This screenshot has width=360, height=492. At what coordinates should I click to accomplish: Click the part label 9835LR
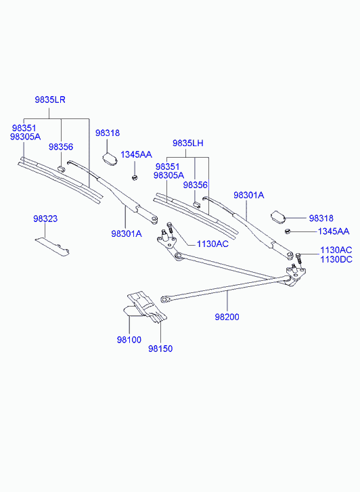click(50, 99)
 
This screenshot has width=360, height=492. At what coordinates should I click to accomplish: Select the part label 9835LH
click(187, 143)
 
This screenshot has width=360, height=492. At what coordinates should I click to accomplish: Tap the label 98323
click(45, 219)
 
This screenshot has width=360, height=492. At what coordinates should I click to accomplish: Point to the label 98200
click(227, 317)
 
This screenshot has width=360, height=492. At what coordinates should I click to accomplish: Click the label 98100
click(129, 340)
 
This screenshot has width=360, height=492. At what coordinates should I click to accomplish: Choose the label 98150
click(160, 349)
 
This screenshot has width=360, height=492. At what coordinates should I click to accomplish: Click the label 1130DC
click(336, 259)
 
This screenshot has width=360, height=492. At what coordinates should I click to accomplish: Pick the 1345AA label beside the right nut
click(334, 231)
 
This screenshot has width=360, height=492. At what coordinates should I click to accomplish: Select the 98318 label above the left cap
click(108, 133)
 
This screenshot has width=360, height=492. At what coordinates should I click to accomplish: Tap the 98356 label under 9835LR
click(61, 147)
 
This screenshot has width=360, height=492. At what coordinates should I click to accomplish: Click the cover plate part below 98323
click(52, 246)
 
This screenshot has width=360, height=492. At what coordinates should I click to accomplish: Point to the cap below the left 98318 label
click(110, 158)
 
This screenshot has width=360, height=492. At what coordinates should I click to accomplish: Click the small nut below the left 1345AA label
click(135, 177)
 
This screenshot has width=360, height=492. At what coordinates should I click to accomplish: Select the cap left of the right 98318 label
click(277, 217)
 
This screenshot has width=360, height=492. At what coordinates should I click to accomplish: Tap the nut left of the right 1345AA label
click(287, 231)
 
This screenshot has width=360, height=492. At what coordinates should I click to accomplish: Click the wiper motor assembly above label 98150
click(145, 307)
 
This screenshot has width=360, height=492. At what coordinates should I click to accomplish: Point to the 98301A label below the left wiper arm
click(126, 233)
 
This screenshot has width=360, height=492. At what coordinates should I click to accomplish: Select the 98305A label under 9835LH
click(168, 175)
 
